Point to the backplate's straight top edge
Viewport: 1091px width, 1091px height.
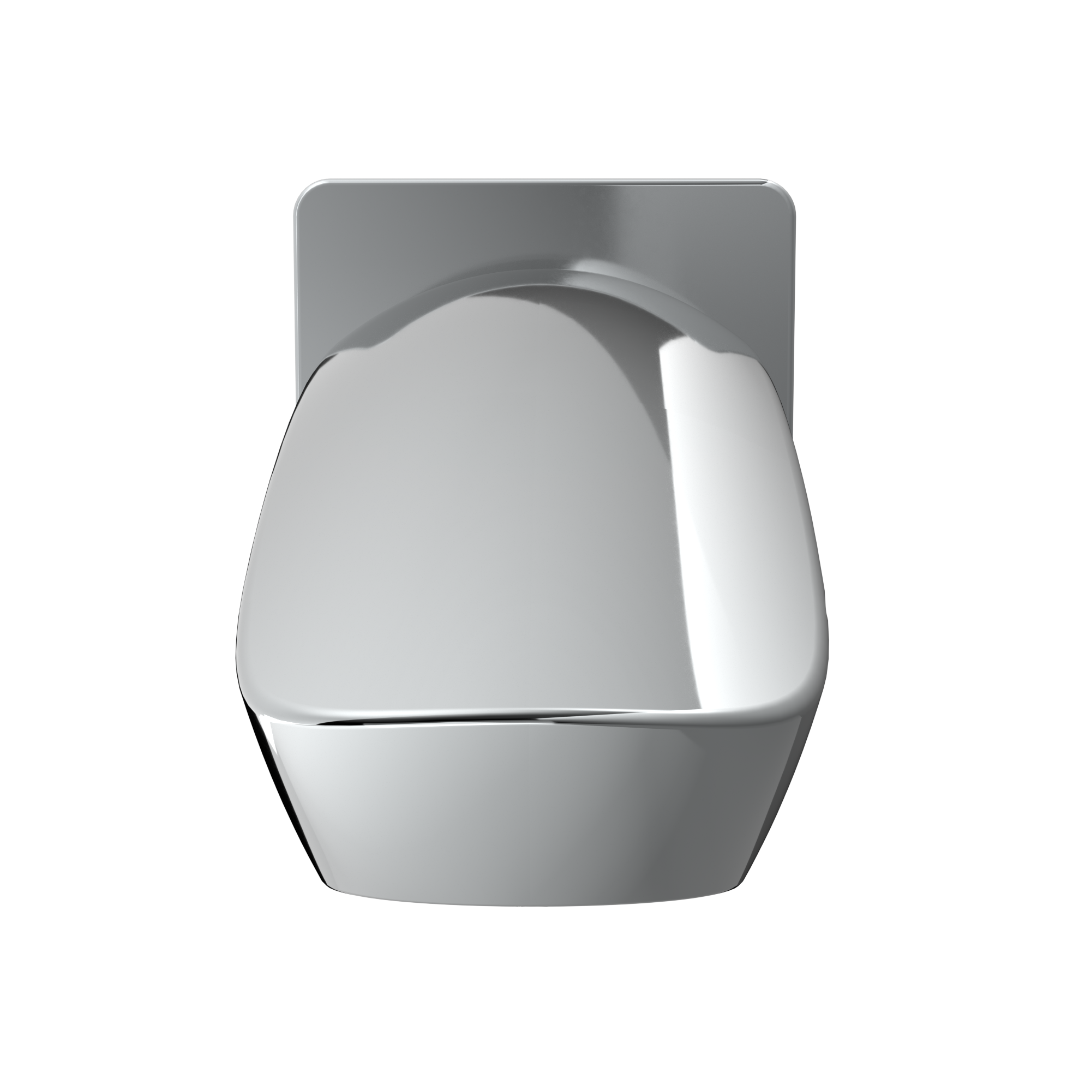542,181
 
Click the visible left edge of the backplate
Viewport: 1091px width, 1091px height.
295,283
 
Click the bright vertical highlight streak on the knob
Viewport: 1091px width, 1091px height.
686,508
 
